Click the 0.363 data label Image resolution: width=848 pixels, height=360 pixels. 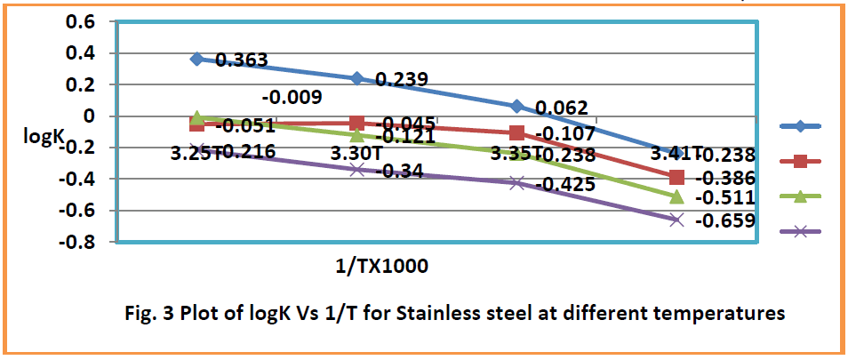[x=241, y=61]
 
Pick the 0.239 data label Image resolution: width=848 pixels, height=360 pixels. [x=402, y=79]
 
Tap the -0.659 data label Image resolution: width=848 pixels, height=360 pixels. [x=725, y=221]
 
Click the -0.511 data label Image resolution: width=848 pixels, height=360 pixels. [x=725, y=197]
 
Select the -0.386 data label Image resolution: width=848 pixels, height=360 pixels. [x=725, y=177]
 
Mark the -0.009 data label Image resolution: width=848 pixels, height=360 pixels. [x=292, y=98]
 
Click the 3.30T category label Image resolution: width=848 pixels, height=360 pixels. [x=356, y=154]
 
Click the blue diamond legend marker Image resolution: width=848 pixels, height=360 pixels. [x=800, y=126]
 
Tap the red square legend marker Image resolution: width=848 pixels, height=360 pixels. [x=800, y=161]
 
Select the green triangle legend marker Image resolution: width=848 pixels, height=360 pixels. [x=800, y=196]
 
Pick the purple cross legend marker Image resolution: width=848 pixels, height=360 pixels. [x=800, y=230]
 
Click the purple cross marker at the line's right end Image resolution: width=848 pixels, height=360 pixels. [x=676, y=220]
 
